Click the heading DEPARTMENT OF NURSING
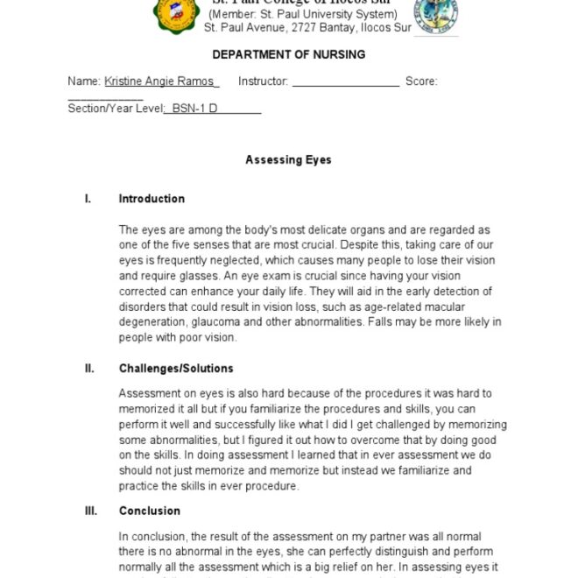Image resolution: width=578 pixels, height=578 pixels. click(x=288, y=54)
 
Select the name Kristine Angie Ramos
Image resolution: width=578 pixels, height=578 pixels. click(x=159, y=81)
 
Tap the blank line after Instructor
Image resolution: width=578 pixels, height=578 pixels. click(x=345, y=81)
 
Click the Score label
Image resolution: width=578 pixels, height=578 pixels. click(x=421, y=81)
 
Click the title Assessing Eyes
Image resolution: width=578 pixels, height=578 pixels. click(x=288, y=160)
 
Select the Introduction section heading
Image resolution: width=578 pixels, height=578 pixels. click(x=152, y=199)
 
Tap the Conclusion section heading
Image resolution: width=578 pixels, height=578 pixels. click(x=150, y=511)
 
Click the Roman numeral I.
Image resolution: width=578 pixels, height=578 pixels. click(x=88, y=199)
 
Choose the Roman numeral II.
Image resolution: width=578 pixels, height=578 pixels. click(x=89, y=369)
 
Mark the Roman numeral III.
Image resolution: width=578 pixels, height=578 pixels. click(x=91, y=511)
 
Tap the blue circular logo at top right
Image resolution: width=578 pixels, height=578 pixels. click(x=434, y=16)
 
